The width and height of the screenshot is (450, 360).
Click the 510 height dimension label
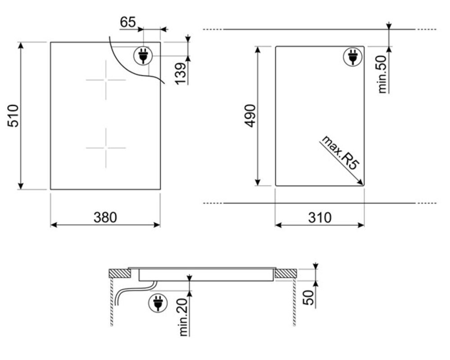(x=13, y=116)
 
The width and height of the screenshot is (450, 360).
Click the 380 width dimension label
(x=105, y=217)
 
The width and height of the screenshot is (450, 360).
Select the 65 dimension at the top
(x=128, y=22)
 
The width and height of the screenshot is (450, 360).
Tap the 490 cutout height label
(x=250, y=116)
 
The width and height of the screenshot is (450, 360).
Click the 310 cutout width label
(x=320, y=217)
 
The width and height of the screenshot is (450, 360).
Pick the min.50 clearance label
(x=382, y=74)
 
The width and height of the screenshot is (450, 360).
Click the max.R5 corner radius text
(x=341, y=153)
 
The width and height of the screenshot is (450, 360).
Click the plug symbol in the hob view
(x=143, y=56)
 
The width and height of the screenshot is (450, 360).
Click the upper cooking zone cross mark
(x=106, y=80)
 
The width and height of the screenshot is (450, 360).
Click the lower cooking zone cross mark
(x=106, y=148)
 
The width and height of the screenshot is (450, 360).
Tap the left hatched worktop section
(x=119, y=274)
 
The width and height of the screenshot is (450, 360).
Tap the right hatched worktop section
(x=286, y=274)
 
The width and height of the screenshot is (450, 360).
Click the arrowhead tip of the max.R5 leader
(x=363, y=185)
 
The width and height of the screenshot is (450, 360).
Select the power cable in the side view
(x=135, y=291)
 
